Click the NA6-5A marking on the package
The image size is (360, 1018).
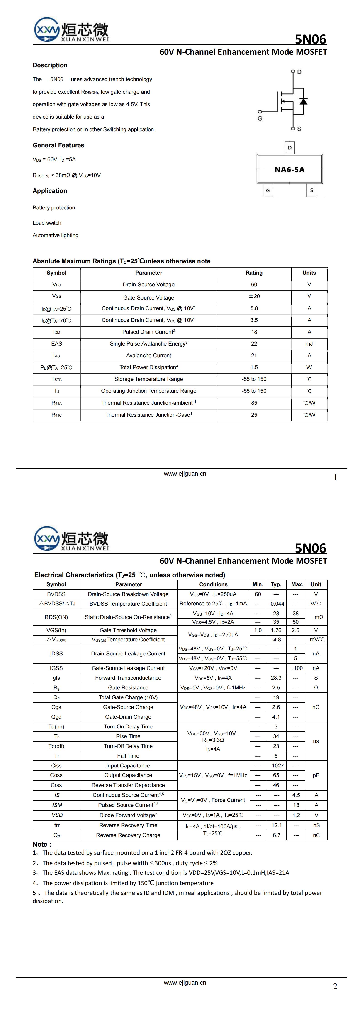(x=289, y=170)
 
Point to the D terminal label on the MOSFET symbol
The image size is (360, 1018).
(x=299, y=72)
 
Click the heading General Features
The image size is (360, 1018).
(x=58, y=145)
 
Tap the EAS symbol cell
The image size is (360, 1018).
(x=56, y=343)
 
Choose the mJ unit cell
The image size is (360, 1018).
(x=309, y=343)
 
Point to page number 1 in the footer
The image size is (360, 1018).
(x=335, y=477)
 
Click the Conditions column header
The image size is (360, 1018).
(x=213, y=584)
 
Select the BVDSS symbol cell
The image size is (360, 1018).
(x=56, y=594)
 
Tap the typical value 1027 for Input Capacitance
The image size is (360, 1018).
(x=277, y=765)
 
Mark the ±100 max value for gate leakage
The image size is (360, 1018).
(x=296, y=668)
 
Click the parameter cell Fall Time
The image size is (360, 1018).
(x=128, y=756)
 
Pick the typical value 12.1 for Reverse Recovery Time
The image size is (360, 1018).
(x=277, y=825)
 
